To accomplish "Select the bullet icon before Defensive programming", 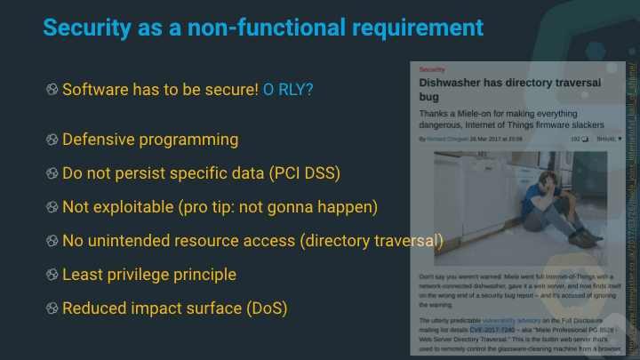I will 52,140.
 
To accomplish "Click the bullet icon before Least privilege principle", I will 52,275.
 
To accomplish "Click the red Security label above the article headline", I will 432,68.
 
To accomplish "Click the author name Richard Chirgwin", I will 448,140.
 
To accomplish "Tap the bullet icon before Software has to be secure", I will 52,90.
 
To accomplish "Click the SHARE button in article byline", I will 606,140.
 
